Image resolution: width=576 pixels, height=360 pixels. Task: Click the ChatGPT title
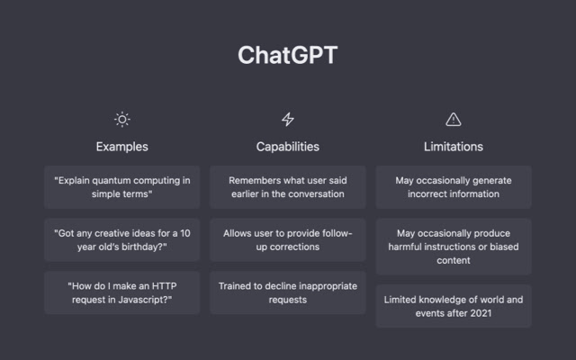click(x=288, y=55)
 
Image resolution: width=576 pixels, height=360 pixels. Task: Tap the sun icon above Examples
click(x=122, y=120)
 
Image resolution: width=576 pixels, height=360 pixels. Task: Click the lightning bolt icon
click(x=288, y=120)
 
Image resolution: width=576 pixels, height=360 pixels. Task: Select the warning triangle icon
click(x=454, y=120)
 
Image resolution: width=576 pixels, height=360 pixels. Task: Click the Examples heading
click(x=122, y=147)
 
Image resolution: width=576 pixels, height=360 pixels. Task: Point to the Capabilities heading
click(x=288, y=147)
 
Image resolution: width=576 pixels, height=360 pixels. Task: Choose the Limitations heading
click(x=454, y=147)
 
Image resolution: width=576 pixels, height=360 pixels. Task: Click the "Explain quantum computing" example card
click(x=122, y=187)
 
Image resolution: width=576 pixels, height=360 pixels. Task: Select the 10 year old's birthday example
click(x=122, y=240)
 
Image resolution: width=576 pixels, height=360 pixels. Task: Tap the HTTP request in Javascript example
click(x=122, y=292)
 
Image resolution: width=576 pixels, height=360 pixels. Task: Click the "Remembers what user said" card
click(x=288, y=187)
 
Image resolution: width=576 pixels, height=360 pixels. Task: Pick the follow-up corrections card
click(x=288, y=240)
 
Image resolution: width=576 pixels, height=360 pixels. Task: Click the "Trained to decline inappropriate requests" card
click(x=288, y=292)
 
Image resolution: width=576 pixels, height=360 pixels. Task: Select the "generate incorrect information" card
click(x=454, y=187)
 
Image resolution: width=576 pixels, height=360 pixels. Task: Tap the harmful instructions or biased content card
click(x=454, y=247)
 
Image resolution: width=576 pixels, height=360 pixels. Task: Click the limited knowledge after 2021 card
click(x=454, y=306)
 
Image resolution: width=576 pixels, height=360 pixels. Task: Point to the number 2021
click(x=481, y=313)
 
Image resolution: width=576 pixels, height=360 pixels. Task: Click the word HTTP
click(x=164, y=286)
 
